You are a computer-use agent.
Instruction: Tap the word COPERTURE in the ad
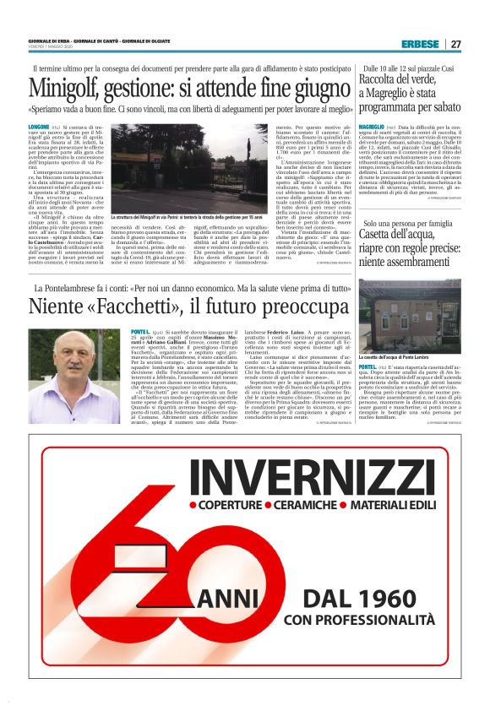pos(229,508)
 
